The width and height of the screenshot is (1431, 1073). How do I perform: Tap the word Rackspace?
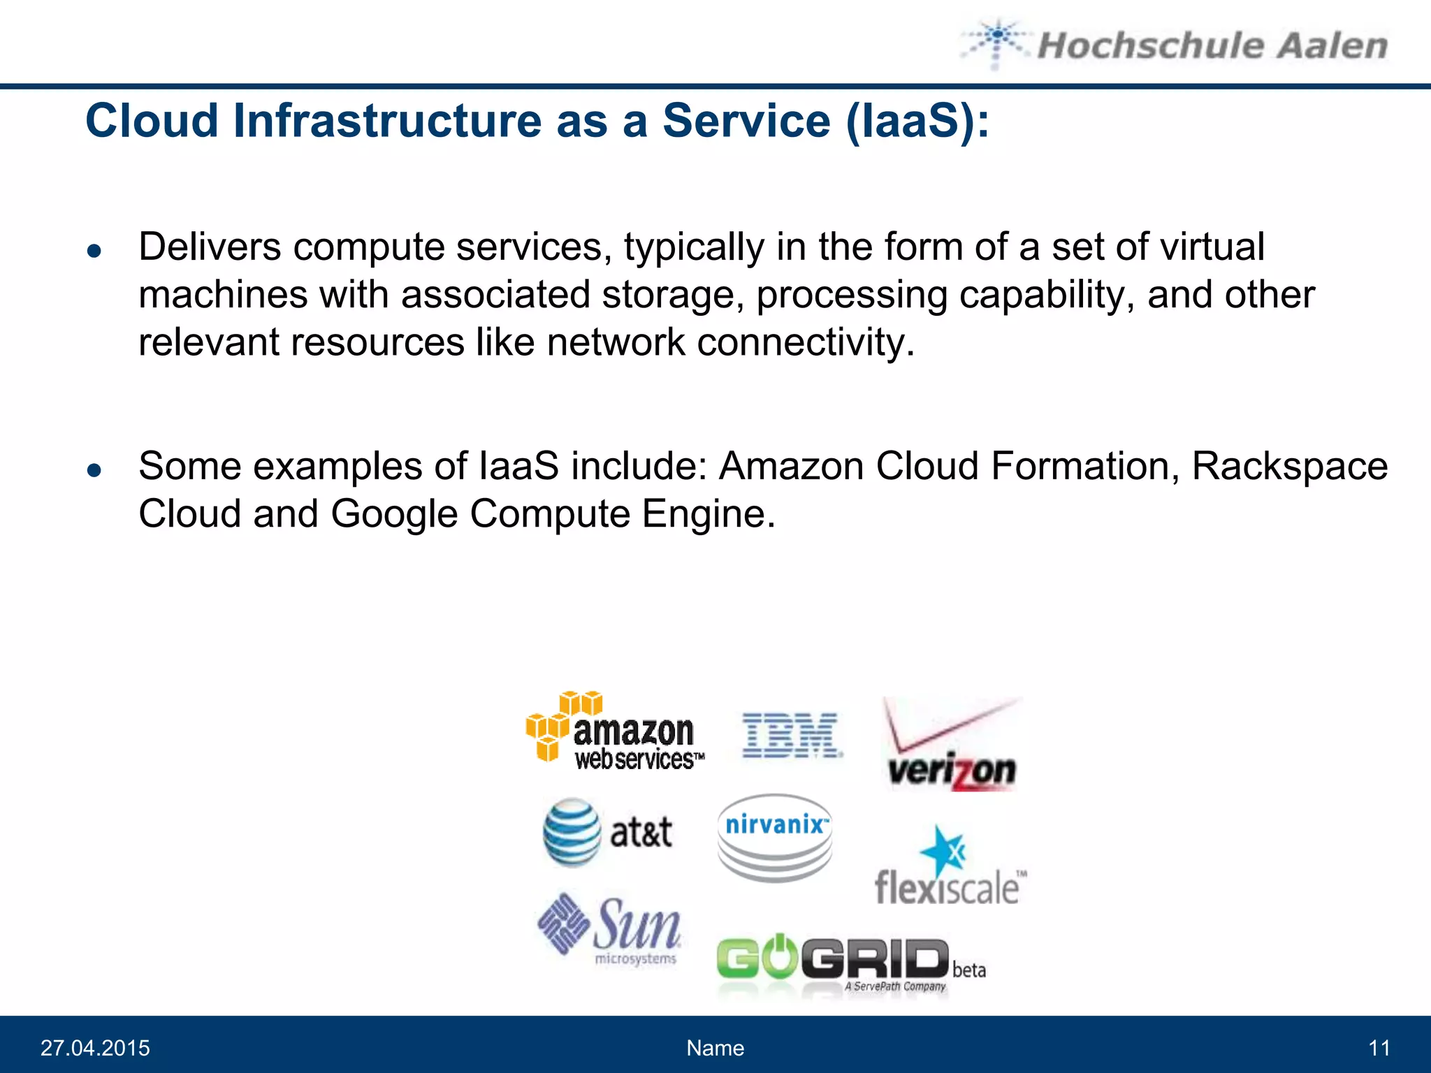pyautogui.click(x=1289, y=466)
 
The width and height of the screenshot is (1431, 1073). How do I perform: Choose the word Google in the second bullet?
pyautogui.click(x=394, y=514)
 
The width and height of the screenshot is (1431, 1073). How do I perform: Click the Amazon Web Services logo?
pyautogui.click(x=615, y=731)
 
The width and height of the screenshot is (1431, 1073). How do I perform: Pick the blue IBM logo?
pyautogui.click(x=791, y=735)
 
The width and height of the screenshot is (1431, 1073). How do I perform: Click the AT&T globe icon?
pyautogui.click(x=572, y=832)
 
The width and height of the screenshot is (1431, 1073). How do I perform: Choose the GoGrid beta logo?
pyautogui.click(x=850, y=963)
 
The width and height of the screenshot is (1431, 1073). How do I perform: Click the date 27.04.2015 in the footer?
pyautogui.click(x=95, y=1048)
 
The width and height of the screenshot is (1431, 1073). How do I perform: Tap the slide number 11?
pyautogui.click(x=1379, y=1048)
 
